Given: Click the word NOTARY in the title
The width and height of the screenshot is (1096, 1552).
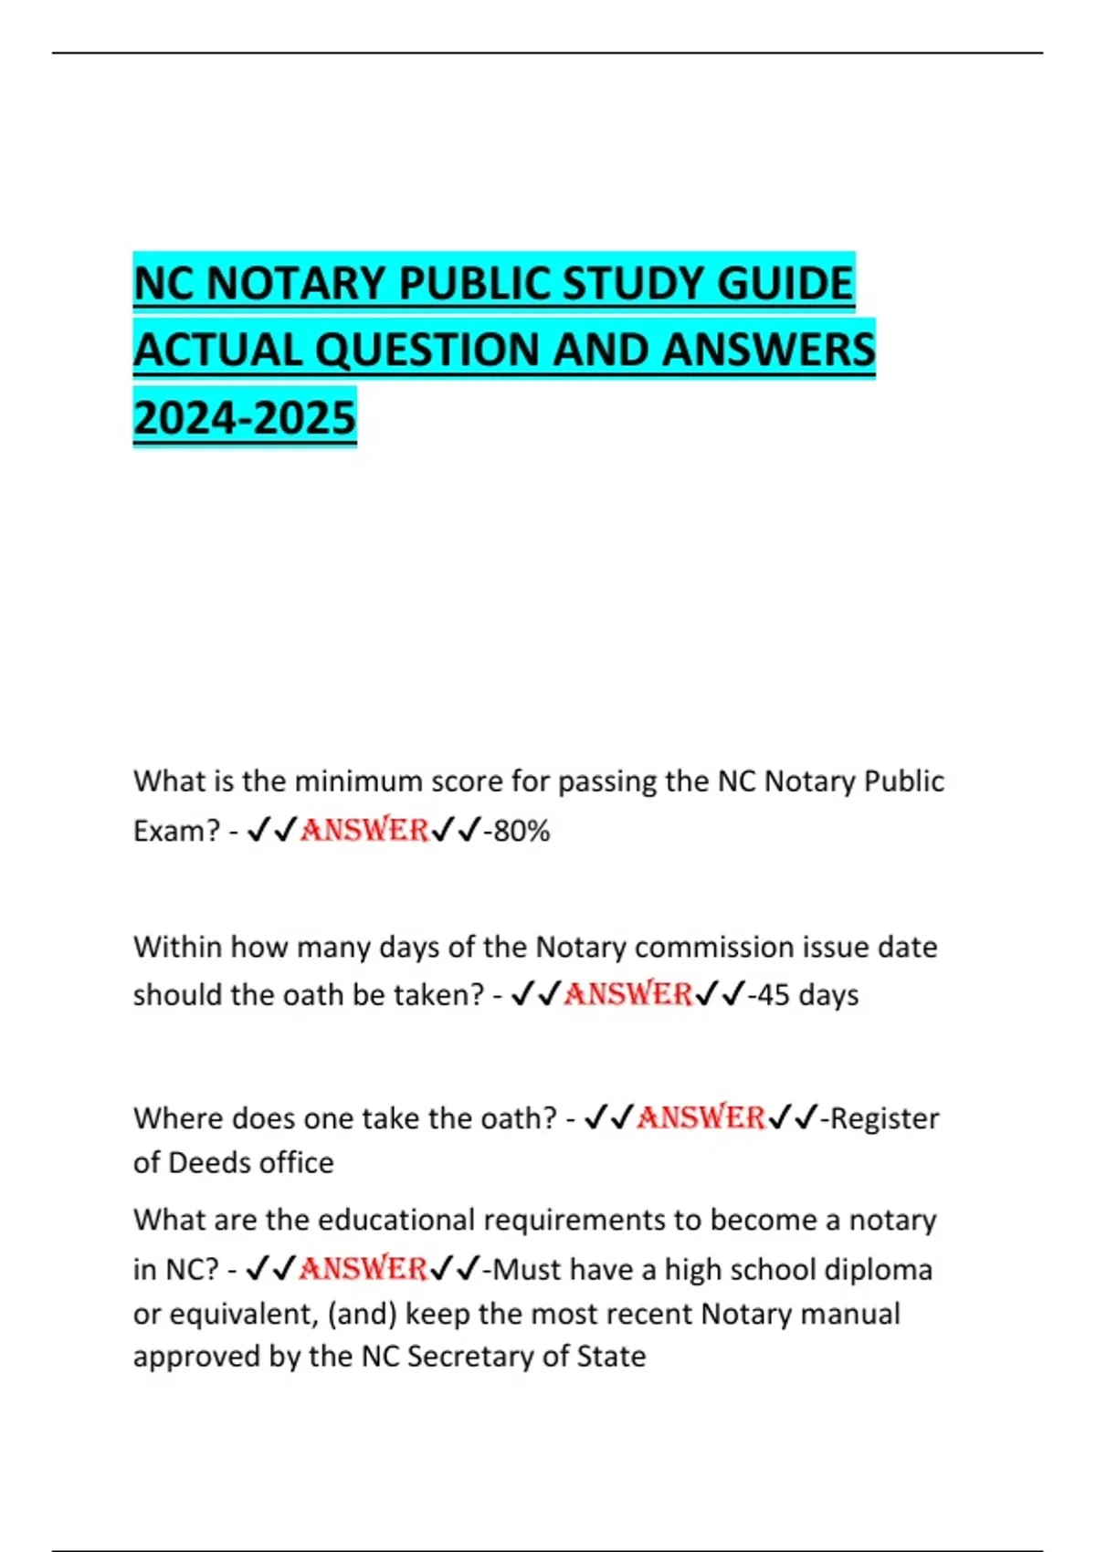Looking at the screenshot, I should point(293,283).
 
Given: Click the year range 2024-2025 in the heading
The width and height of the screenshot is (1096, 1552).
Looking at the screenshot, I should point(245,418).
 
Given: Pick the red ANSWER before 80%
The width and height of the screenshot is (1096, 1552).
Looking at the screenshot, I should point(364,830).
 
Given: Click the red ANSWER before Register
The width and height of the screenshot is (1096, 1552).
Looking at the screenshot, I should point(701,1117).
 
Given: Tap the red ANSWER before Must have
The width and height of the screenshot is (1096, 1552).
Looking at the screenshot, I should point(364,1269).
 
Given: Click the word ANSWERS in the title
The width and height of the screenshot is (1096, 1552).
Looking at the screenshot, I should point(768,351).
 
